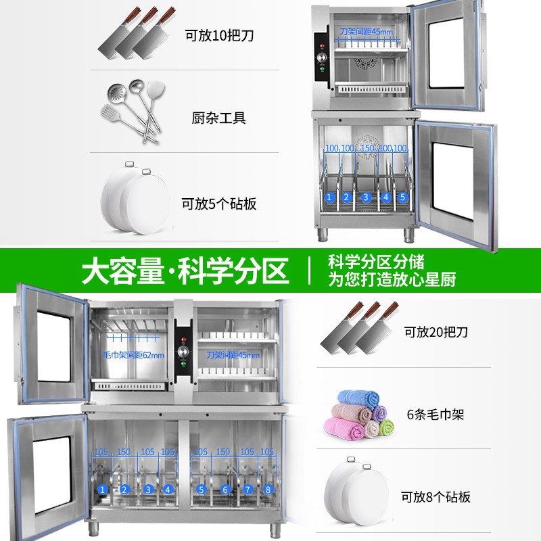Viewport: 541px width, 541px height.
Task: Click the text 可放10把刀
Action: tap(219, 36)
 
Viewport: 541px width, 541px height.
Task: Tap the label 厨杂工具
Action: tap(218, 118)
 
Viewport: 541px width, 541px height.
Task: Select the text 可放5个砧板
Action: tap(219, 204)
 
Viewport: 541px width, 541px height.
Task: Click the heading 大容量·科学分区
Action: tap(185, 272)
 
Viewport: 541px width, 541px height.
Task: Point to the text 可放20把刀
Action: tap(436, 332)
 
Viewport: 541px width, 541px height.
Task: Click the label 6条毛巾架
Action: tap(436, 415)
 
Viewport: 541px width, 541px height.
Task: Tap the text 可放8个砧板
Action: tap(436, 497)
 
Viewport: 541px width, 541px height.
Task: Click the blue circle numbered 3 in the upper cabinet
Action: tap(366, 197)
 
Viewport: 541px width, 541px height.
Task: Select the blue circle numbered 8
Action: tap(268, 489)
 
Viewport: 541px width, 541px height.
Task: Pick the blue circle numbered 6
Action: tap(226, 489)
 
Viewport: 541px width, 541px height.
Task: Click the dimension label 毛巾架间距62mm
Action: tap(133, 355)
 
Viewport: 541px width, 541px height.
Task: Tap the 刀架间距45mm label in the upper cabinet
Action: tap(367, 32)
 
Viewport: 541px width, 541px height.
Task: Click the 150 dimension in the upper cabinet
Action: tap(368, 148)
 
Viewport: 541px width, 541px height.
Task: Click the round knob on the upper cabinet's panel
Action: tap(322, 57)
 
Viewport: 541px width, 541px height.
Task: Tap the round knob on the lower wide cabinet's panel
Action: tap(183, 352)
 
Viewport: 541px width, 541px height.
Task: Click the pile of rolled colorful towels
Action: tap(359, 414)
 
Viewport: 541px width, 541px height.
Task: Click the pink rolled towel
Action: tap(344, 428)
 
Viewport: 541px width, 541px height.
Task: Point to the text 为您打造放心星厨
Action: tap(392, 279)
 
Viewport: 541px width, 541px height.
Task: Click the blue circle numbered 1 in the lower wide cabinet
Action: tap(103, 489)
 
